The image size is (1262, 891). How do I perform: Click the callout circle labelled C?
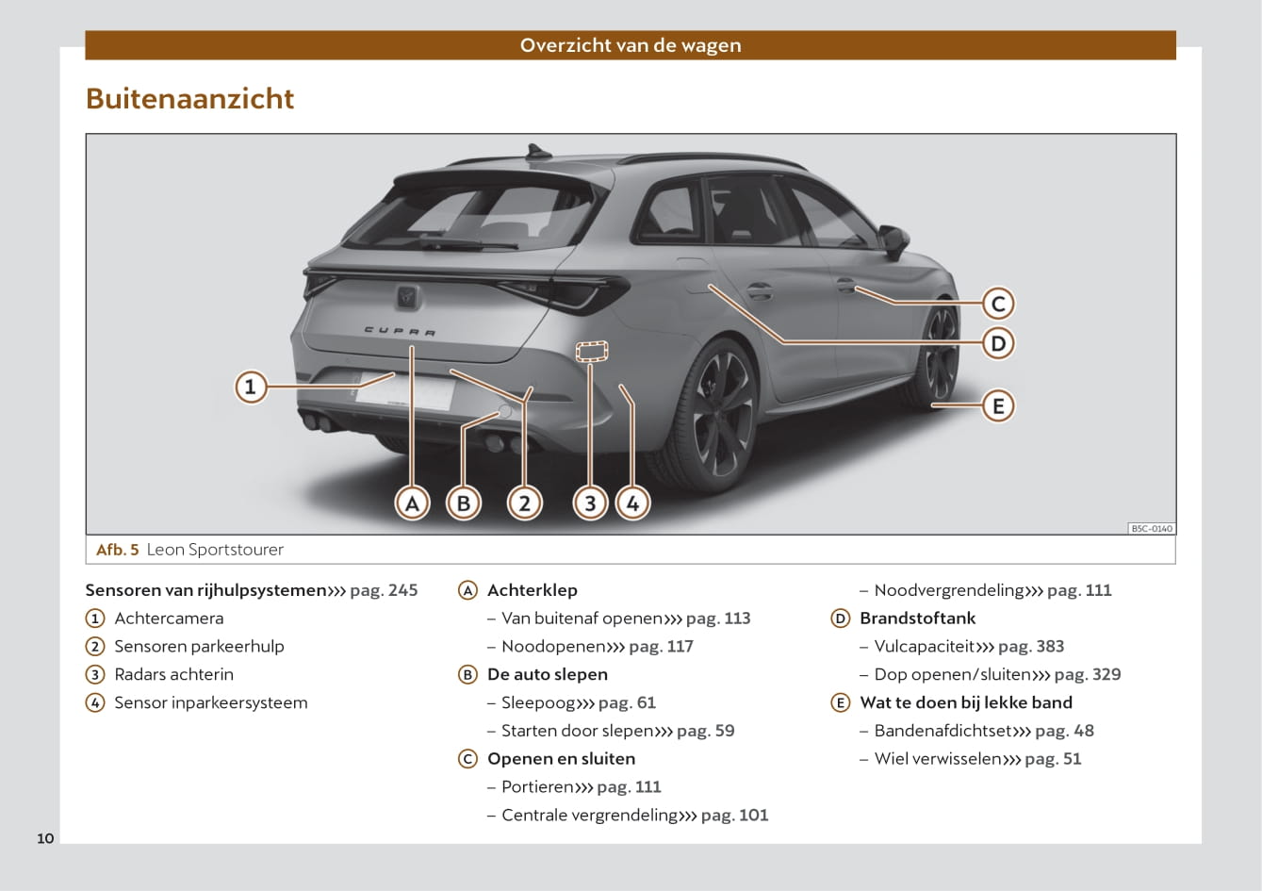997,304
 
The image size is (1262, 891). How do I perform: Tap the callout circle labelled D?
997,342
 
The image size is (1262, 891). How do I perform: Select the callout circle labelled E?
997,406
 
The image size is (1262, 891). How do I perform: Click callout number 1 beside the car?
251,387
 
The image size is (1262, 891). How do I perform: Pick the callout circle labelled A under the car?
412,503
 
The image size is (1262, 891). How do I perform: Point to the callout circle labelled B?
463,503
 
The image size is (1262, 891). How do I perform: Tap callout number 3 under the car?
590,503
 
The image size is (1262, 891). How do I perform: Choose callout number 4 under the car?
632,503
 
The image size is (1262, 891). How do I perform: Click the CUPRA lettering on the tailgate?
401,332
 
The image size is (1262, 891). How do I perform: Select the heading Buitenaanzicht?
189,99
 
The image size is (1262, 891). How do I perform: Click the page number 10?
45,838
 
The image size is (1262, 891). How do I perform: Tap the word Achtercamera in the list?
169,619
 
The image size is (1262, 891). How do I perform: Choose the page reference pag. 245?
384,590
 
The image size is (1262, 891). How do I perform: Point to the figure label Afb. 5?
118,550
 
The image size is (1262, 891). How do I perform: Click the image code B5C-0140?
1152,529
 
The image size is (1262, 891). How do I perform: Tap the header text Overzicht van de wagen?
631,45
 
